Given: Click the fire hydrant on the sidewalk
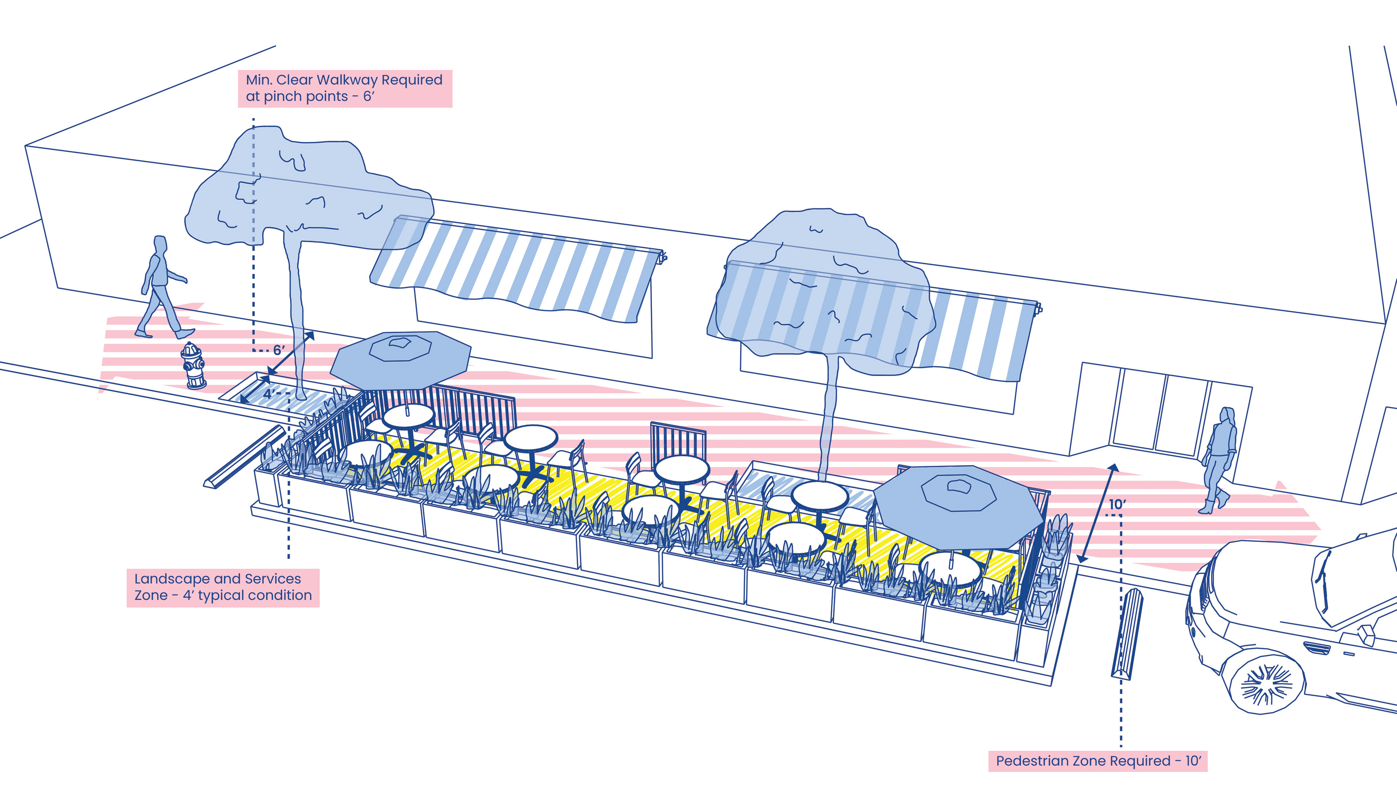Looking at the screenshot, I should [x=194, y=366].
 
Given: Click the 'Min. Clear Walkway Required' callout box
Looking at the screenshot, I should [x=345, y=88].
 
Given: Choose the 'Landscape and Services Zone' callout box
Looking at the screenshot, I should [x=223, y=588].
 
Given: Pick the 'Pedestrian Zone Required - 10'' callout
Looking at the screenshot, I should [x=1098, y=761].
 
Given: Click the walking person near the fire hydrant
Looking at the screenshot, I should [x=161, y=287].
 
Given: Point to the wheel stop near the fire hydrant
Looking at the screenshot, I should [x=244, y=457].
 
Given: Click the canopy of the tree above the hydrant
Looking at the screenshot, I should [x=304, y=190].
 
